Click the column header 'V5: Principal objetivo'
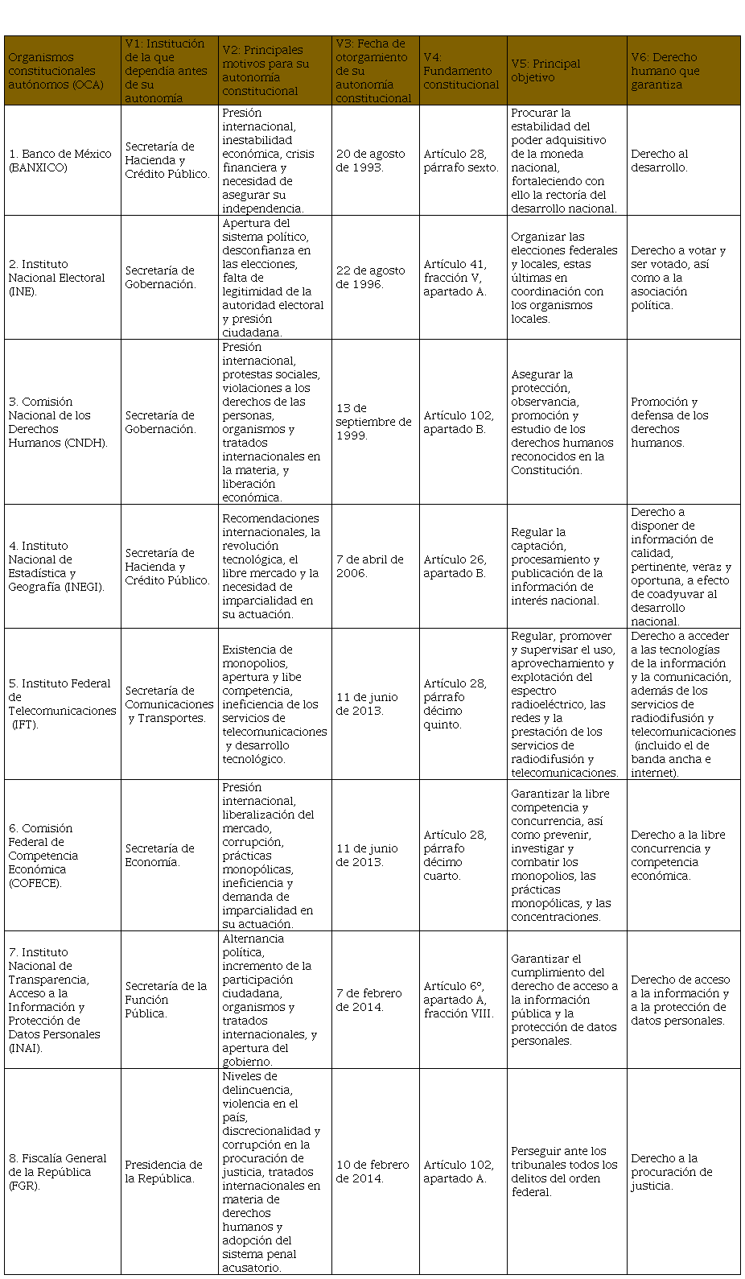tap(545, 70)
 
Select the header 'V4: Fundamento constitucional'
tap(461, 70)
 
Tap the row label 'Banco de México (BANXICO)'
tap(60, 160)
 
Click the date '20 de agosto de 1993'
tap(371, 160)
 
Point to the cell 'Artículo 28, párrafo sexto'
tap(461, 160)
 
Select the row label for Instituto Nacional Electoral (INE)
tap(57, 278)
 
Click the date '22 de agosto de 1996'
tap(371, 278)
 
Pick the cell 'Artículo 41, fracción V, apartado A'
tap(455, 278)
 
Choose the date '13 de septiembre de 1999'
tap(373, 422)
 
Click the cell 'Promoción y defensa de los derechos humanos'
tap(669, 422)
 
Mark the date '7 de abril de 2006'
tap(370, 566)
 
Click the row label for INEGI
tap(56, 566)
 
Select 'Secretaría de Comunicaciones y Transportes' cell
tap(169, 704)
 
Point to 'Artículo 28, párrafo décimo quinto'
tap(455, 704)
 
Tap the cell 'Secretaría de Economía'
tap(159, 855)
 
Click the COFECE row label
tap(43, 855)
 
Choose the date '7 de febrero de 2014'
tap(369, 1000)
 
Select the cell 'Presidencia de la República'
tap(163, 1171)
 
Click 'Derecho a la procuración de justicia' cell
tap(672, 1171)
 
